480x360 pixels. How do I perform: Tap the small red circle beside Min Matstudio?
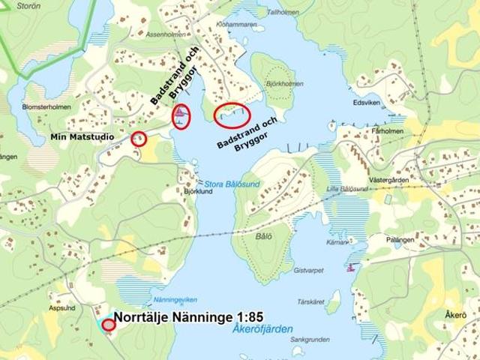139,139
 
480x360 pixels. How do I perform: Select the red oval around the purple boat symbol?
181,115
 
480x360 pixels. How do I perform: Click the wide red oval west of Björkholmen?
232,113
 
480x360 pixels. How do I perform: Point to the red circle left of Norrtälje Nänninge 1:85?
108,325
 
